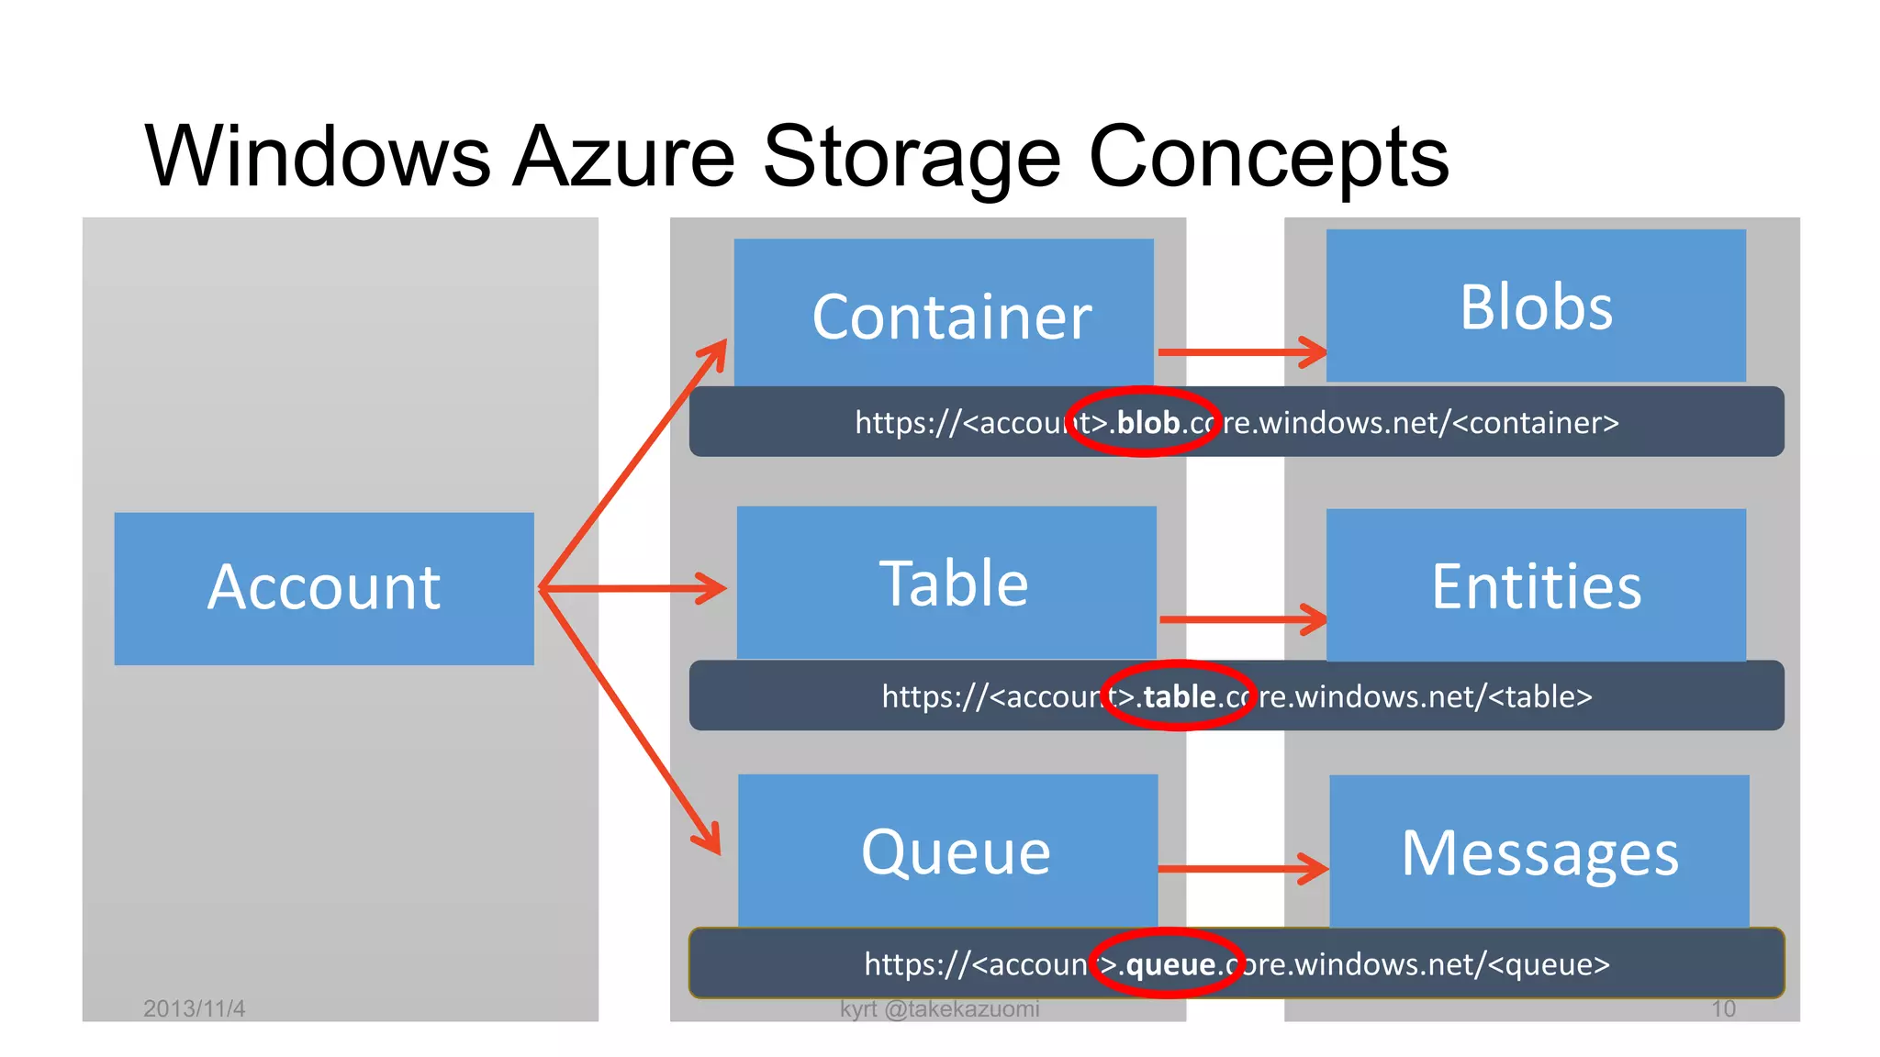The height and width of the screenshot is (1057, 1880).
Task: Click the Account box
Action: [323, 588]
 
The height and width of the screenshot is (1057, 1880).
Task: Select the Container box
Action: [944, 313]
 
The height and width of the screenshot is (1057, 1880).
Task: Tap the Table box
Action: [946, 582]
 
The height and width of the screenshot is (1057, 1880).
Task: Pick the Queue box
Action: [947, 850]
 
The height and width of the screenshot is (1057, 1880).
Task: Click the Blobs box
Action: [1535, 306]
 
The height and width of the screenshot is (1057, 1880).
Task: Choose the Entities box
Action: [1535, 585]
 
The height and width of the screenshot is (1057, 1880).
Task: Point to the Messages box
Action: [1539, 851]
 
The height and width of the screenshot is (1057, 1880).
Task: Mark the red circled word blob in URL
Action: [1147, 422]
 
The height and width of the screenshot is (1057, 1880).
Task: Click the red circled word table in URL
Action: [1180, 696]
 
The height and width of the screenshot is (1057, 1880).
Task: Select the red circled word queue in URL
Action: [1170, 964]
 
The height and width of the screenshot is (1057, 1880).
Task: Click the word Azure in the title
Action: [624, 156]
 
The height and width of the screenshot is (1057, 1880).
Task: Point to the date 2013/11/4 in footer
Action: [194, 1008]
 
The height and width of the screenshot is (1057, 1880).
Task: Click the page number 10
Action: [1722, 1008]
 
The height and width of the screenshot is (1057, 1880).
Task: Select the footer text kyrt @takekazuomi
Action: [939, 1008]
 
